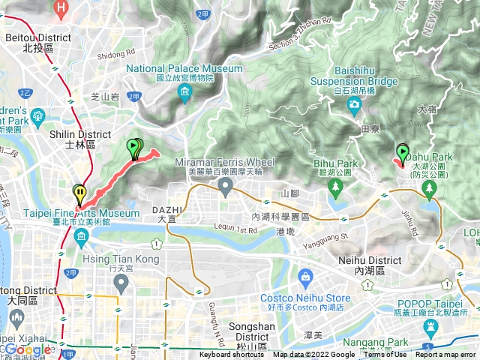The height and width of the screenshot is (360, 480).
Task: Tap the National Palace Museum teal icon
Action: point(185,93)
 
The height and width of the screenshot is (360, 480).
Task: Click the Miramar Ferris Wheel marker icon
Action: point(225,187)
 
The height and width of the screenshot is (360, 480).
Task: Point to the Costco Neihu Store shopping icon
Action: point(305,280)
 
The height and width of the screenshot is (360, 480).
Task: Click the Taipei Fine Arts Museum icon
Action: point(81,238)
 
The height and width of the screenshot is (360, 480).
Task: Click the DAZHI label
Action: point(167,210)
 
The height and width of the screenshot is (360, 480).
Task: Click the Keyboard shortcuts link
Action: point(232,355)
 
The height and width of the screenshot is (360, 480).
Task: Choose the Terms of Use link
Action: point(385,355)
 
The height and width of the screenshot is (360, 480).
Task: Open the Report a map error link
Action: point(445,355)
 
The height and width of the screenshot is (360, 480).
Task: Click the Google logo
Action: point(27,349)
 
